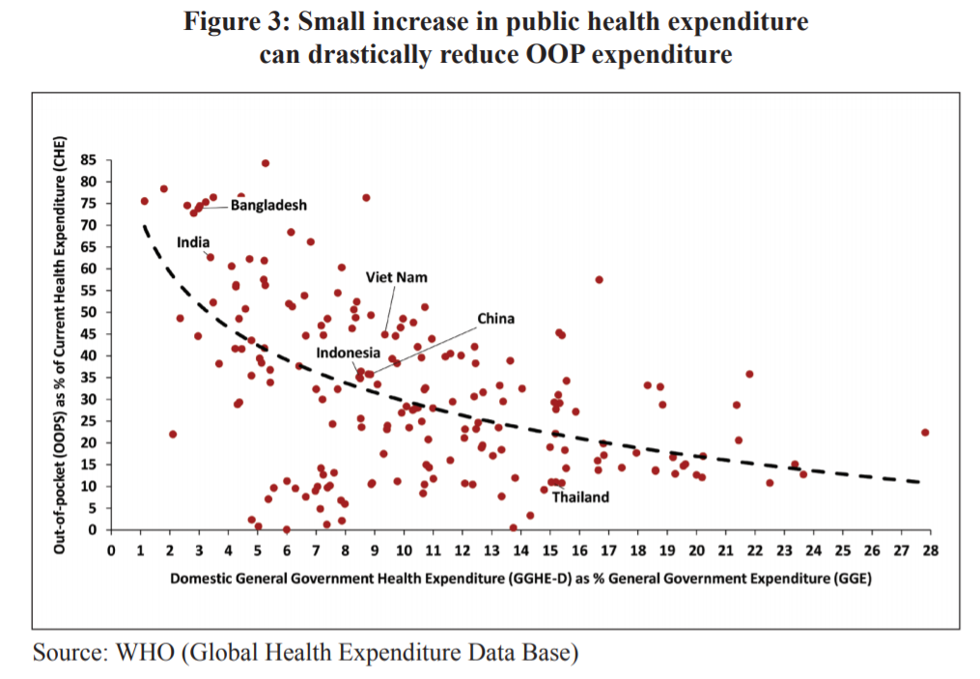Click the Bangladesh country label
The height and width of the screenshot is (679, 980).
[x=268, y=205]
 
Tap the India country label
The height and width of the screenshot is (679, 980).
[x=193, y=242]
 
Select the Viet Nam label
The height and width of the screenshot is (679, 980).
[x=396, y=277]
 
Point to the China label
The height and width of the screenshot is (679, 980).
[x=495, y=319]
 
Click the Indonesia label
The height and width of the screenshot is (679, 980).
[x=348, y=353]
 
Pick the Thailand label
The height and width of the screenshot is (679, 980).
[x=580, y=497]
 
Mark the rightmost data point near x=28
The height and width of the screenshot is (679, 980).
[x=925, y=433]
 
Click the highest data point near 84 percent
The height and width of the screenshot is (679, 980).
[x=266, y=163]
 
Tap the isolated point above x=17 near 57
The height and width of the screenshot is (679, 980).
[x=600, y=280]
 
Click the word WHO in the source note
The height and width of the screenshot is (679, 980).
[x=147, y=652]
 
